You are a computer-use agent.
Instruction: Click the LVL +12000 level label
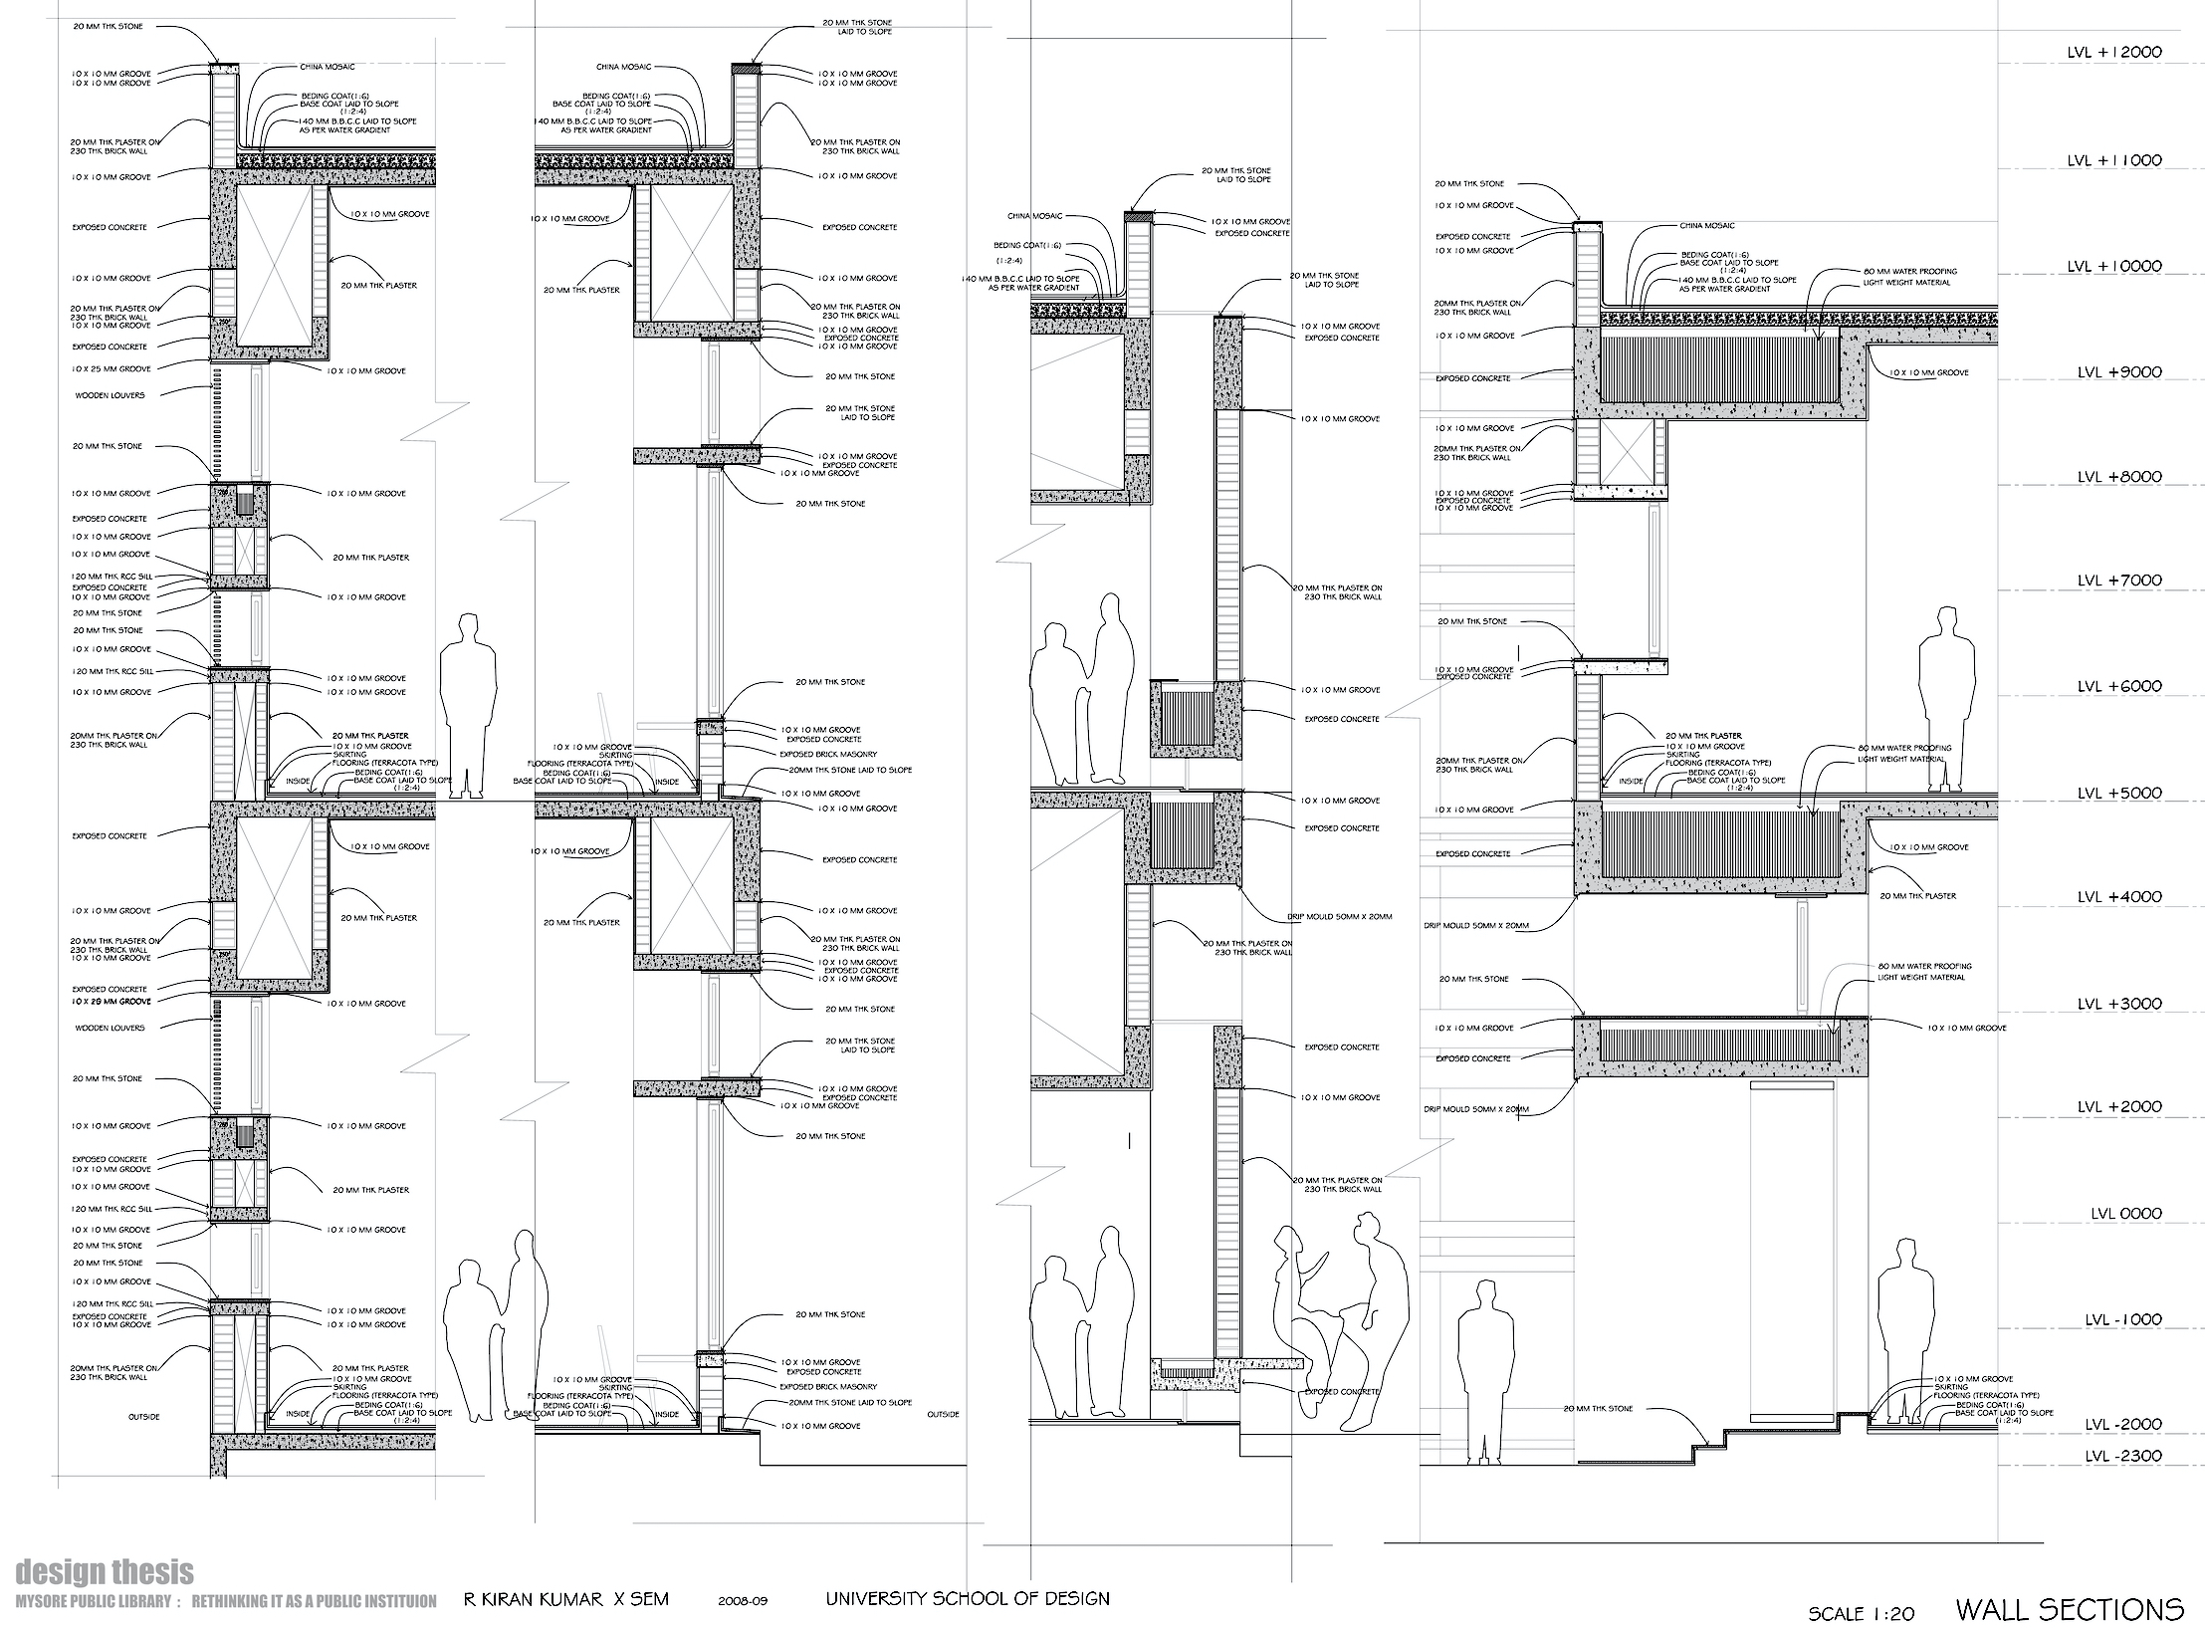2113,53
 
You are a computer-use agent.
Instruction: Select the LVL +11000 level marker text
2113,160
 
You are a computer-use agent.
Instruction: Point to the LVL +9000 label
2117,372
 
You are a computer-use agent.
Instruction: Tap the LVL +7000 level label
2117,581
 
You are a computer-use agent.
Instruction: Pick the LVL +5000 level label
2117,794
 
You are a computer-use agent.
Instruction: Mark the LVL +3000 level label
2117,1004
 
